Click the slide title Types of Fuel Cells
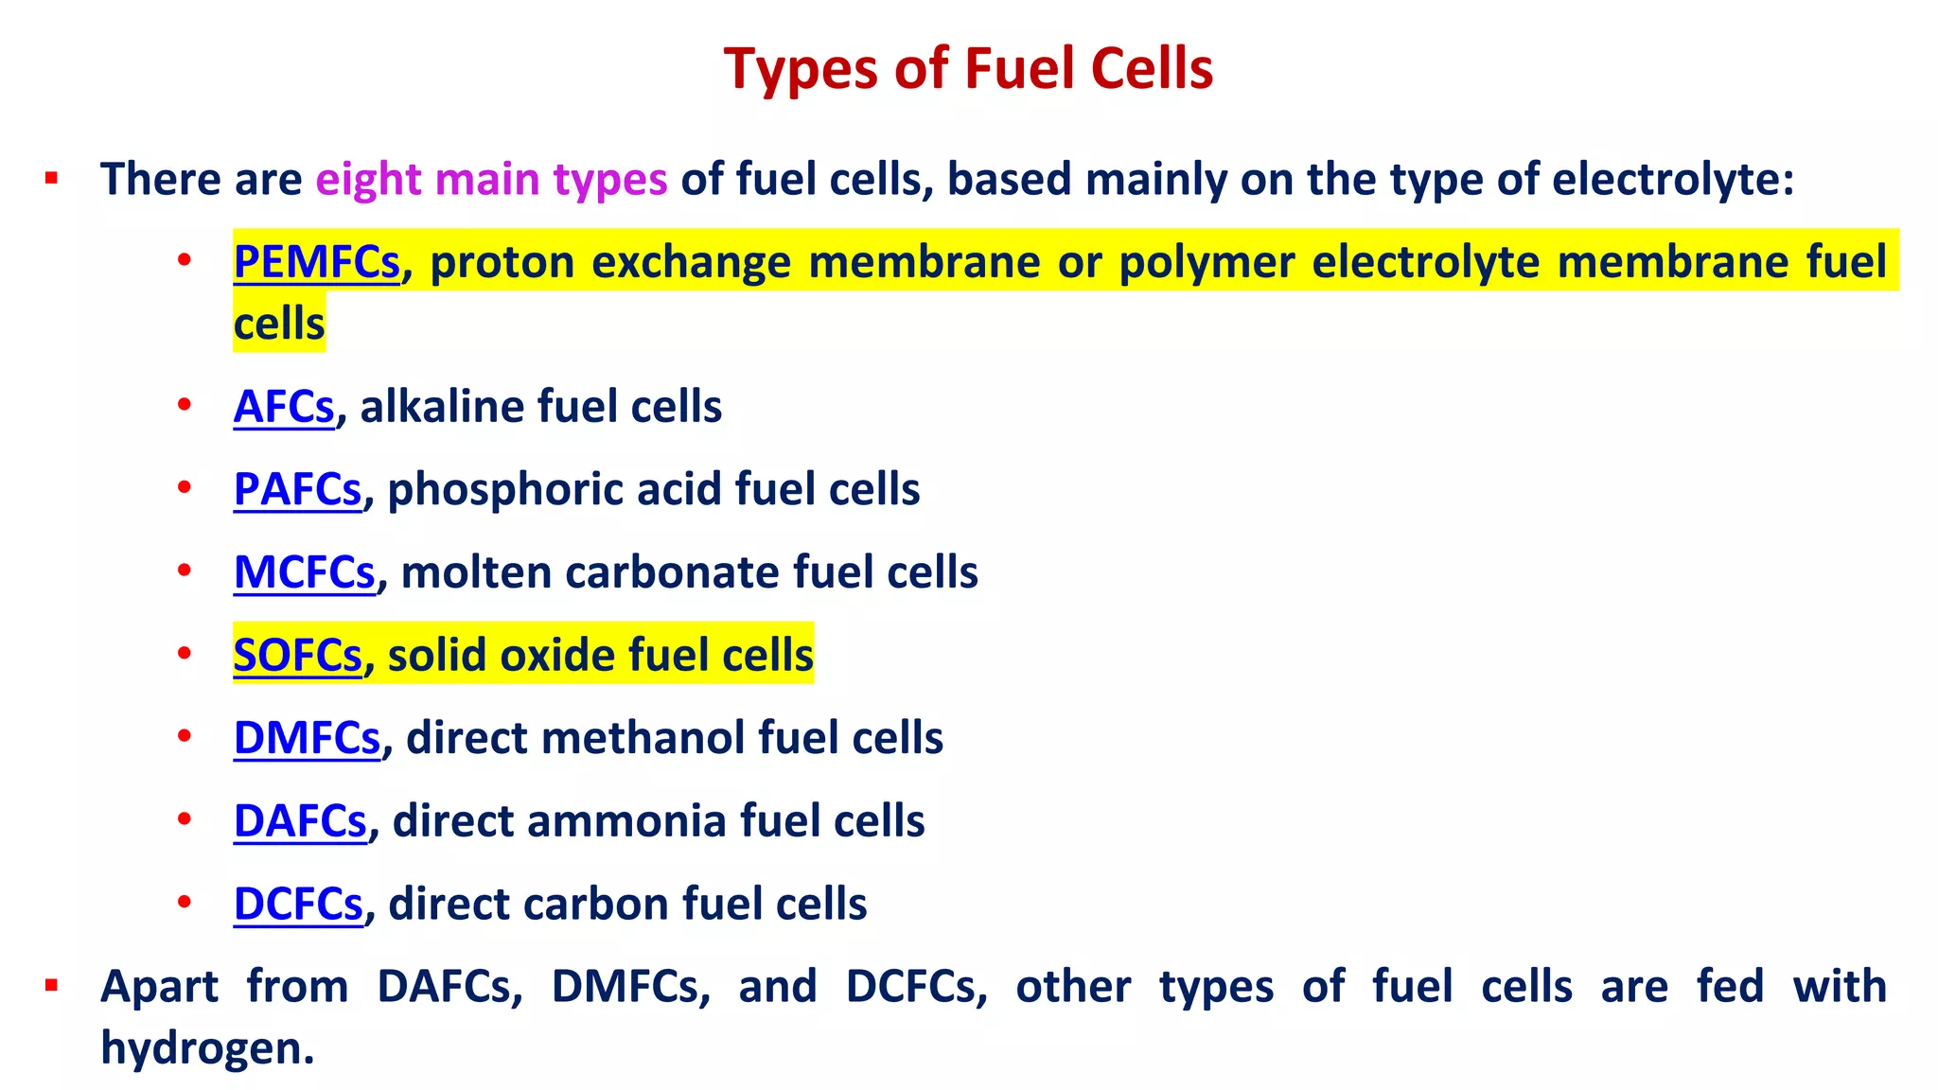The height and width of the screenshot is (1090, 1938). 968,69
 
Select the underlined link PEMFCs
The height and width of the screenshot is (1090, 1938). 316,262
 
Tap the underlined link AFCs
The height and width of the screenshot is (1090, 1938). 284,407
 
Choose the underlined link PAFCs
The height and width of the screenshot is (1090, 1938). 297,489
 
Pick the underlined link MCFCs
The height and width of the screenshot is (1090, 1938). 304,572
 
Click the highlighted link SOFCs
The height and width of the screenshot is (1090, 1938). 297,655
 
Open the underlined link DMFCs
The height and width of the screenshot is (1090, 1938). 307,738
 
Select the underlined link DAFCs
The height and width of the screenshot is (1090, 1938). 300,820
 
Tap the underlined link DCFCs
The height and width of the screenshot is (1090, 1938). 298,904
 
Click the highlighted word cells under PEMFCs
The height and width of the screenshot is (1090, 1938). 279,325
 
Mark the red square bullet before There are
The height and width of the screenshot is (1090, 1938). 52,178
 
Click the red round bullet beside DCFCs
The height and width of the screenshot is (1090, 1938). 185,902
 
